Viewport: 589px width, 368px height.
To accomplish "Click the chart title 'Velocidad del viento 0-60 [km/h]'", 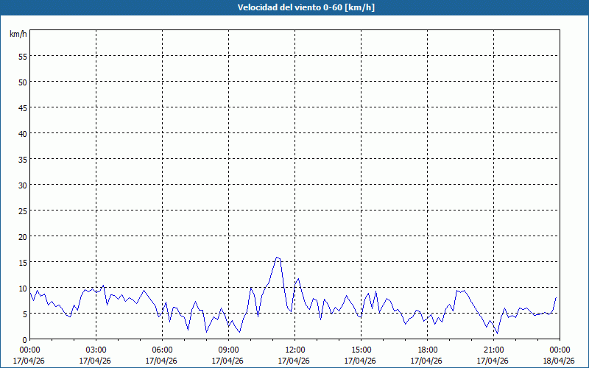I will pos(294,7).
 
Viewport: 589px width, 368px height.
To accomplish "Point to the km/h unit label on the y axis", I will pos(18,34).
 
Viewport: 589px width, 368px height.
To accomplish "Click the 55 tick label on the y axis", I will pos(23,56).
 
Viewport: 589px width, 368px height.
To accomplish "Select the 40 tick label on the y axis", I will pos(23,133).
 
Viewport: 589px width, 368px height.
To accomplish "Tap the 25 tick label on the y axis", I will pos(23,210).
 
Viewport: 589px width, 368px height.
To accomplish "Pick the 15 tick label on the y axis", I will pos(23,262).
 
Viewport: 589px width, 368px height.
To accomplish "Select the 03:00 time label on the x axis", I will pos(96,350).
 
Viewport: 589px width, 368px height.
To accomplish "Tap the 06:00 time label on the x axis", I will pos(162,350).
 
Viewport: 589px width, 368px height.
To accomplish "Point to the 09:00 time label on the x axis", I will pos(228,350).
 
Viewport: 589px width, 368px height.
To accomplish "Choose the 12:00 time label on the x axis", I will pos(294,350).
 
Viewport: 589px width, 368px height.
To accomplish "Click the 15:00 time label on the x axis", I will pos(361,350).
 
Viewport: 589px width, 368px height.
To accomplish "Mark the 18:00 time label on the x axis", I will pos(427,350).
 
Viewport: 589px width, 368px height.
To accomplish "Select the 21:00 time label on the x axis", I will pos(493,350).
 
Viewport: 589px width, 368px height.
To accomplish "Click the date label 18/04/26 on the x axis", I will pos(558,361).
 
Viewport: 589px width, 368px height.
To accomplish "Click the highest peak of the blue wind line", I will pos(277,258).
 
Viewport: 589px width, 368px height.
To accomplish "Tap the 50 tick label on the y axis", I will pos(23,82).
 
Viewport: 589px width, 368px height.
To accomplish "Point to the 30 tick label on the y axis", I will pos(23,185).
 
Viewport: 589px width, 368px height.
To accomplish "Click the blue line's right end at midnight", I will pos(556,298).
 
